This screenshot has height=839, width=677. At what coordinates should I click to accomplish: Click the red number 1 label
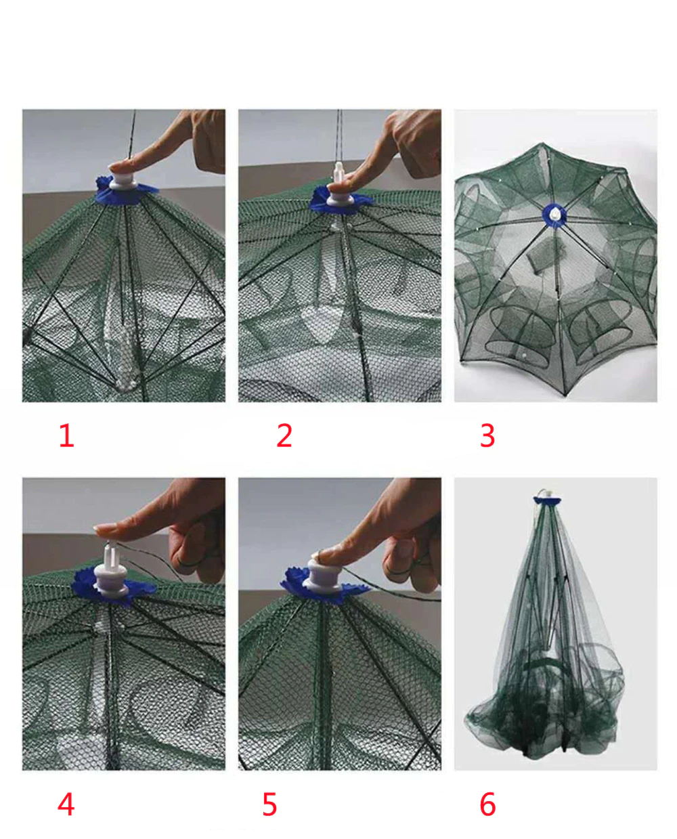66,435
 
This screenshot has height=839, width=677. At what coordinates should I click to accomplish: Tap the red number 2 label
284,435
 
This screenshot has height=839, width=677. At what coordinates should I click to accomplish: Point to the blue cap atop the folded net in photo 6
548,500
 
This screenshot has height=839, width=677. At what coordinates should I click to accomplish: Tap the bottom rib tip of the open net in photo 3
566,395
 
